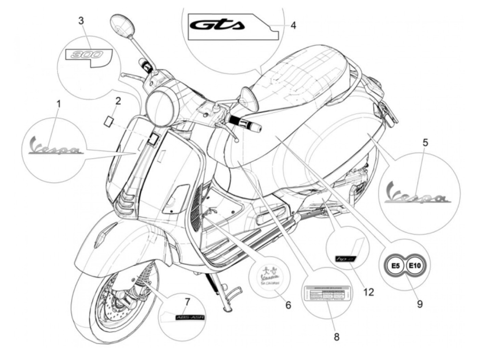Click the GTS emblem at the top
pyautogui.click(x=217, y=25)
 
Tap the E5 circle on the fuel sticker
pyautogui.click(x=395, y=265)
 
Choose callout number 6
pyautogui.click(x=288, y=304)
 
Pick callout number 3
pyautogui.click(x=81, y=21)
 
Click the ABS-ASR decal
pyautogui.click(x=190, y=317)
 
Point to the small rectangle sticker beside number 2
pyautogui.click(x=109, y=121)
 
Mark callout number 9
pyautogui.click(x=419, y=304)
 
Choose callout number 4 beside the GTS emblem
pyautogui.click(x=293, y=25)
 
